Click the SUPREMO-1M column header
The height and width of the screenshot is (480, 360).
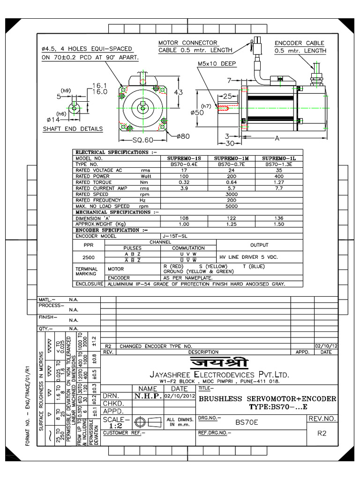click(234, 158)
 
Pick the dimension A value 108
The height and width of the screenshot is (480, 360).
click(186, 218)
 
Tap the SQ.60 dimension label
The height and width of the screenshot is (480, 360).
click(142, 140)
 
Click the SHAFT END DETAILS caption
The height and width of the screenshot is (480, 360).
click(73, 129)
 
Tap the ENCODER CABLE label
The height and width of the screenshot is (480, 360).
click(299, 43)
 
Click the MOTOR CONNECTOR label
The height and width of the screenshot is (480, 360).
click(187, 43)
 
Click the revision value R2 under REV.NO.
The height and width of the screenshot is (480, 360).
click(322, 433)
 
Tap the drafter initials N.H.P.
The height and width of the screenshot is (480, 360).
click(148, 396)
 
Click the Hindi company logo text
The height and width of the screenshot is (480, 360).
click(219, 363)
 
